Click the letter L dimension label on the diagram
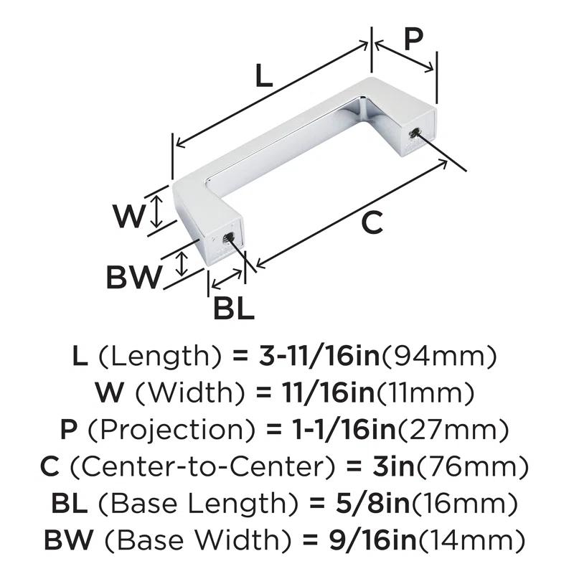pyautogui.click(x=264, y=75)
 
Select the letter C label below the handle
pyautogui.click(x=372, y=223)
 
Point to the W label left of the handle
pyautogui.click(x=128, y=216)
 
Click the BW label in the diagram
pyautogui.click(x=133, y=277)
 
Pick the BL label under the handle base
pyautogui.click(x=234, y=308)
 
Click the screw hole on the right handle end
pyautogui.click(x=415, y=133)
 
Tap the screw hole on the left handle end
pyautogui.click(x=228, y=238)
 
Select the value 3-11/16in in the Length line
pyautogui.click(x=319, y=356)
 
